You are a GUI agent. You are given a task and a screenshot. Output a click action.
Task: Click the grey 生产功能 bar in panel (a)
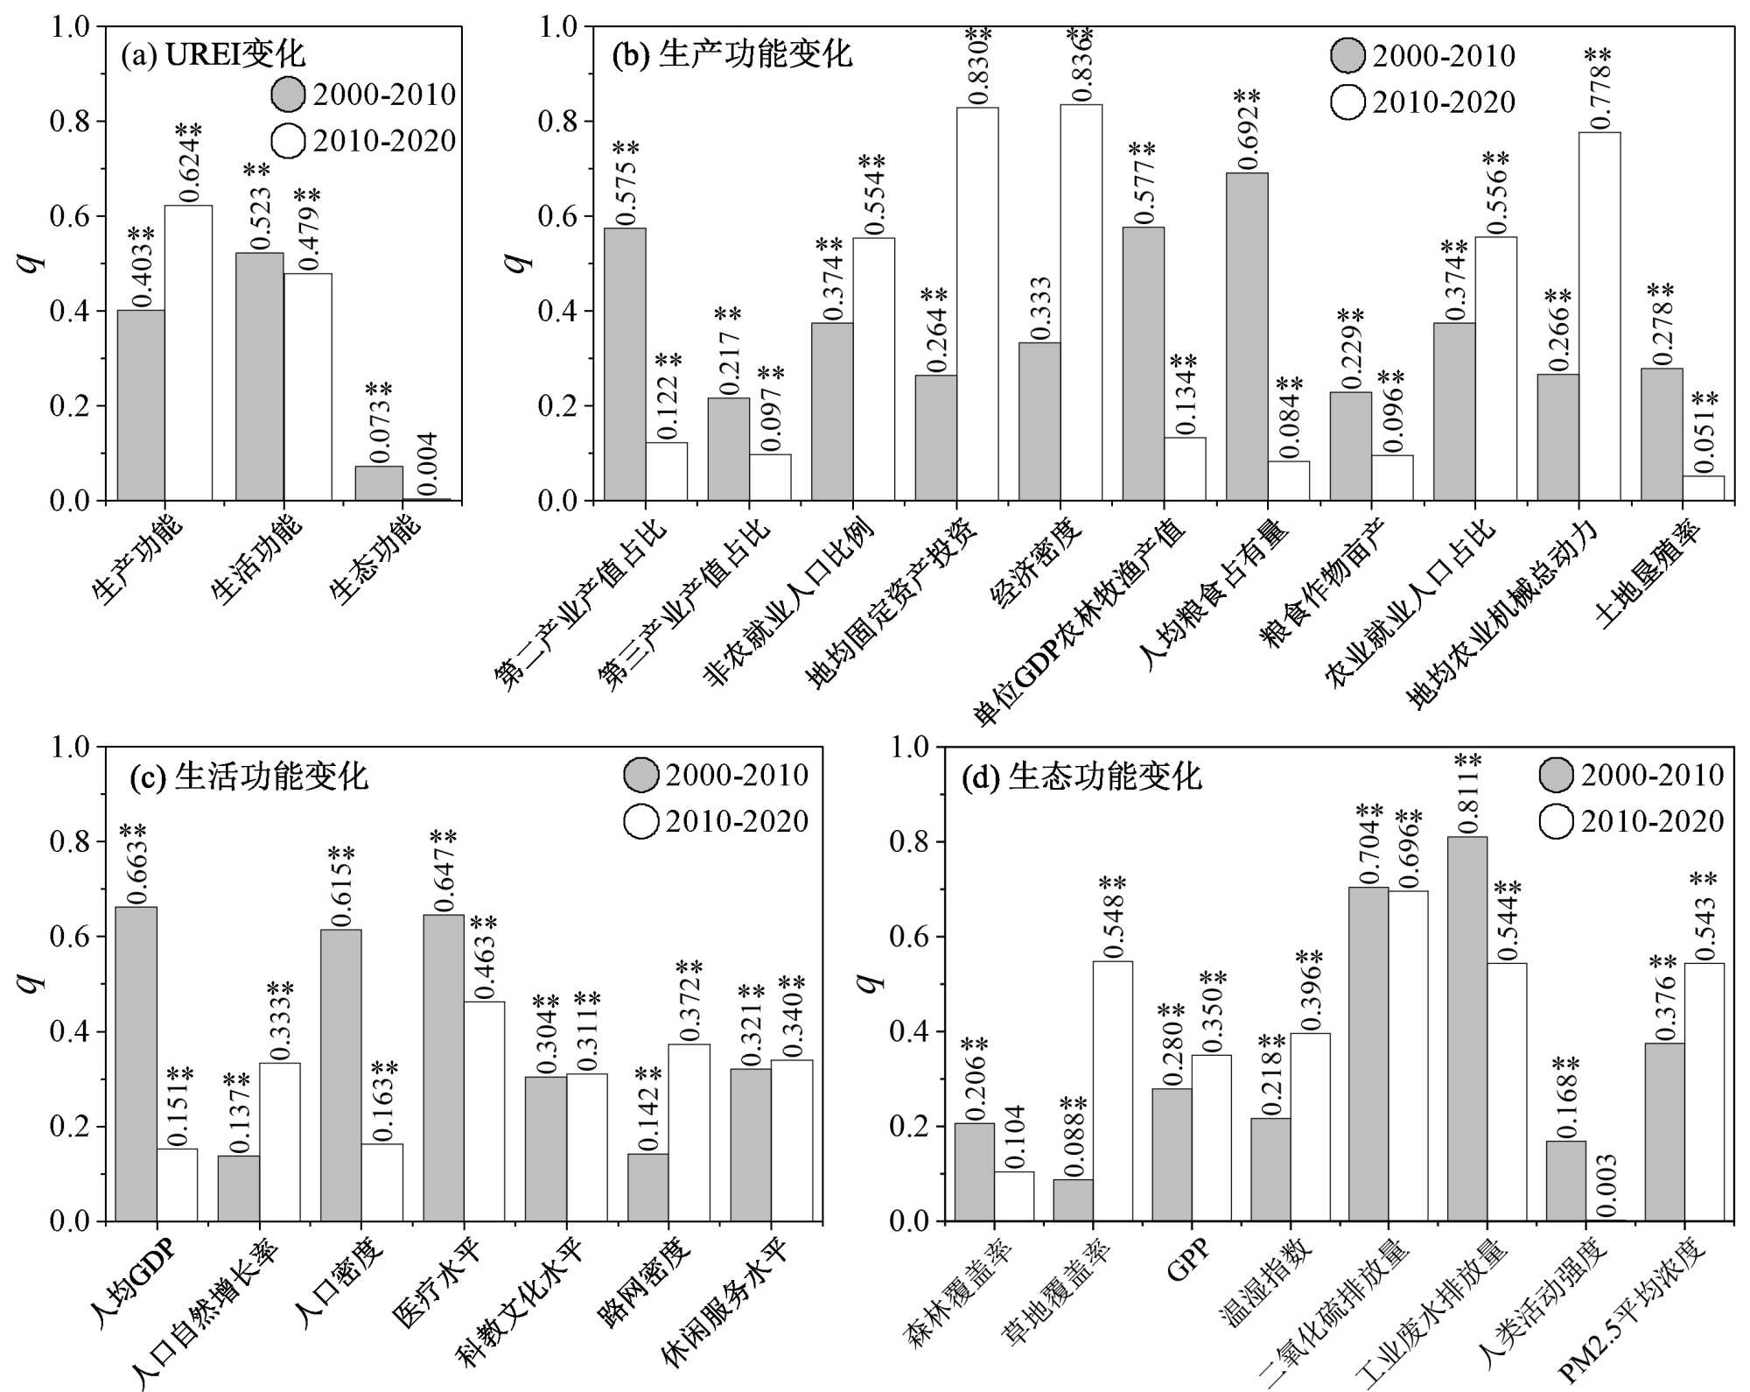coord(141,405)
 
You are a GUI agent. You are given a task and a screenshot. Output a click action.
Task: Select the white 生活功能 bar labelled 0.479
coord(307,387)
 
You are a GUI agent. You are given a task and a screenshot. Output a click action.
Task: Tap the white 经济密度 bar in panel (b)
coord(1081,302)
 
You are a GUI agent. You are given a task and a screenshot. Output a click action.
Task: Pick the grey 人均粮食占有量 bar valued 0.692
coord(1246,337)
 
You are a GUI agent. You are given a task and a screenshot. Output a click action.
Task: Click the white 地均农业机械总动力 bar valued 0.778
coord(1599,316)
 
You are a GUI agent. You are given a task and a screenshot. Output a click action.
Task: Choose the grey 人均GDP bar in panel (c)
coord(136,1064)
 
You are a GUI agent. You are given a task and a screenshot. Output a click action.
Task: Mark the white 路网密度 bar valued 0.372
coord(689,1132)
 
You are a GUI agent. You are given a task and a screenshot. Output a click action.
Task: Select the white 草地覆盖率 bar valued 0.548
coord(1112,1091)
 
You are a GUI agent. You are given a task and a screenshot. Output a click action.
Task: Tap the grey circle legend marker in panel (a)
coord(288,94)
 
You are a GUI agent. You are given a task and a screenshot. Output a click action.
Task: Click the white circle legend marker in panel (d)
coord(1556,821)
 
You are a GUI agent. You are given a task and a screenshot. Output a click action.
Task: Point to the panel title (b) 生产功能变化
coord(731,54)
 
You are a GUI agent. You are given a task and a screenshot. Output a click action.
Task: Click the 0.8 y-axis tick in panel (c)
coord(71,841)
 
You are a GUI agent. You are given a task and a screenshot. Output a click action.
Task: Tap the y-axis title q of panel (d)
coord(868,982)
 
